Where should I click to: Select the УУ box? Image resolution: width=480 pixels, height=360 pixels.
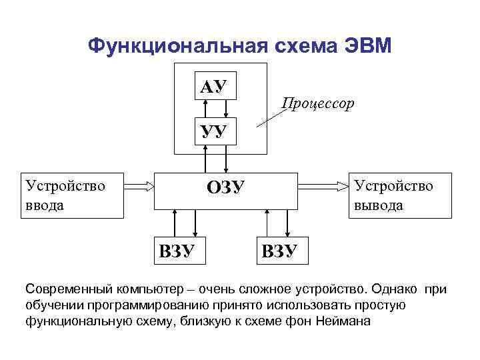click(x=213, y=132)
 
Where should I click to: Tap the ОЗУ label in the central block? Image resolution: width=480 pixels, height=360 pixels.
click(x=226, y=188)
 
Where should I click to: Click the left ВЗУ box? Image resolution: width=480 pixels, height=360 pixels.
click(x=177, y=251)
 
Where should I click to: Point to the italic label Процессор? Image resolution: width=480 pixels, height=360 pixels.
click(x=318, y=103)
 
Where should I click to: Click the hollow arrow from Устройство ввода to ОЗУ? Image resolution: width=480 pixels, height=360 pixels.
click(x=139, y=188)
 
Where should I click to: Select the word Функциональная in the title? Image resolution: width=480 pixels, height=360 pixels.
click(x=177, y=45)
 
